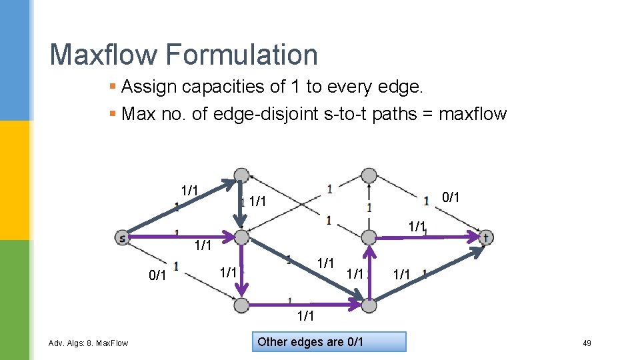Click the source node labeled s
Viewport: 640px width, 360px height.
[122, 237]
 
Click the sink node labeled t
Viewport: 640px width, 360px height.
[486, 237]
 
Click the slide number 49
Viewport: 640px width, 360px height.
[587, 343]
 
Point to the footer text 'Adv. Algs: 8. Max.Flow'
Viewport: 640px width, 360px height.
[89, 343]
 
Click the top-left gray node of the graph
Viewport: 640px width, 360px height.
[242, 175]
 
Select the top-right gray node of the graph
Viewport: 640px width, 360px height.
[369, 175]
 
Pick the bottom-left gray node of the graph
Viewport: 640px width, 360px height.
[242, 305]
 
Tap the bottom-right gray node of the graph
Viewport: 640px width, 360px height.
[369, 305]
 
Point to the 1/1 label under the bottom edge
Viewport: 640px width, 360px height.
[305, 315]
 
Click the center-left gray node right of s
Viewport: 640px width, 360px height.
[242, 237]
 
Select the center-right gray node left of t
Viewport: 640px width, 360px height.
[369, 237]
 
